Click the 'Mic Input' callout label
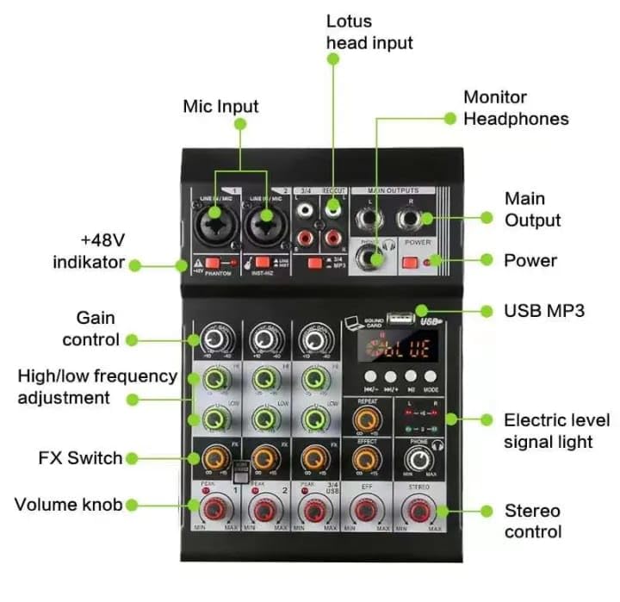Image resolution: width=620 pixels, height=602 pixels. (x=220, y=106)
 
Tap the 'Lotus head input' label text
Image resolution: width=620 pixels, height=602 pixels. (x=369, y=31)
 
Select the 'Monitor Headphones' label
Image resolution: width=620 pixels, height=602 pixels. (x=516, y=108)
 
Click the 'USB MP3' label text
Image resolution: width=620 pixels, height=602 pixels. (x=543, y=310)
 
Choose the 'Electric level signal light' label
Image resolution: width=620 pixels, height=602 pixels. (x=556, y=431)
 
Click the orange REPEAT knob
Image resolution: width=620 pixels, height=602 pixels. (x=368, y=421)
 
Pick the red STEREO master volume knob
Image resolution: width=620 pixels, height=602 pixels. (x=419, y=512)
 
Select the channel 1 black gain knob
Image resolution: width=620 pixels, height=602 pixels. (x=211, y=339)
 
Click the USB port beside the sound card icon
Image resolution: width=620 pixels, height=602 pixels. (x=397, y=319)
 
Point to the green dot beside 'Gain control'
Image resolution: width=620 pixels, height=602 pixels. (x=132, y=340)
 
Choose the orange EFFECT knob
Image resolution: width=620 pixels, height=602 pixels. (x=368, y=458)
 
